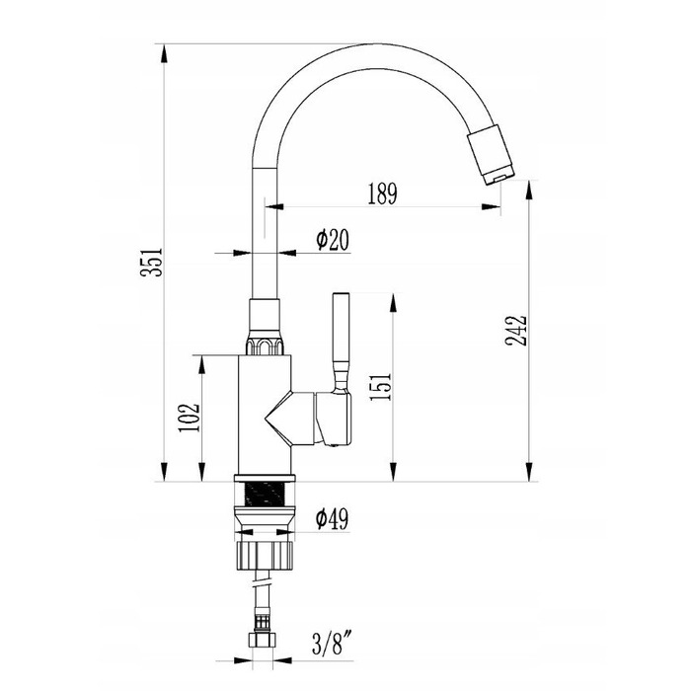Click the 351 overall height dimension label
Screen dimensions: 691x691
(x=152, y=263)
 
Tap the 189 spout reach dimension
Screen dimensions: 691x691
(x=383, y=193)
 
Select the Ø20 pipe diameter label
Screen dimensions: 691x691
(x=333, y=239)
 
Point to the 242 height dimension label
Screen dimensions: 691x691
(x=516, y=331)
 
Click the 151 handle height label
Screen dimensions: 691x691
(x=381, y=387)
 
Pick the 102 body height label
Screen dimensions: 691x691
(x=190, y=418)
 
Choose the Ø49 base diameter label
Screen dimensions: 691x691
(x=332, y=518)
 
